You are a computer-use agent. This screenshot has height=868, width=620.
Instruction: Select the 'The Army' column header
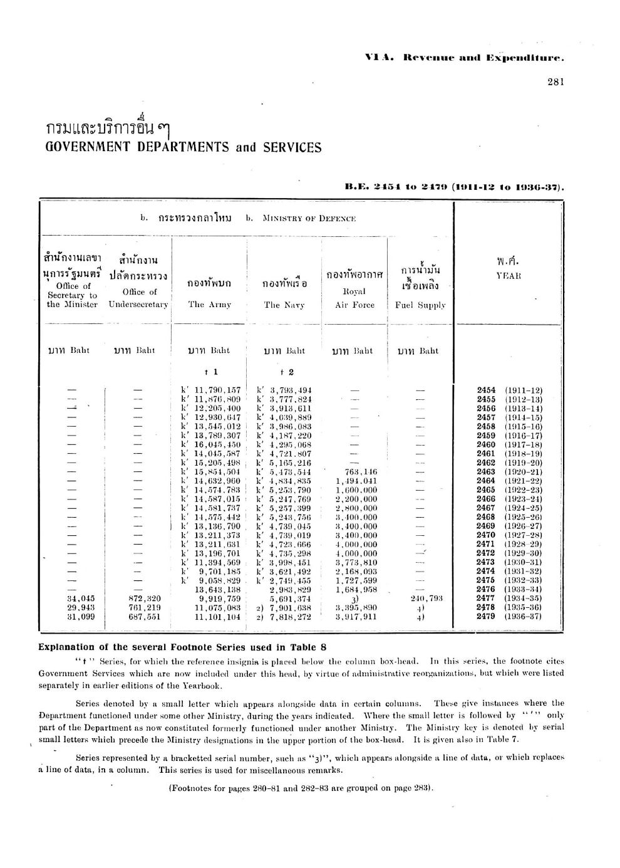coord(210,305)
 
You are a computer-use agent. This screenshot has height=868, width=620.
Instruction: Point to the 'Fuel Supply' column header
coord(420,305)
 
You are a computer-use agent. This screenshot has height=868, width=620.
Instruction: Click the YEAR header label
coord(509,276)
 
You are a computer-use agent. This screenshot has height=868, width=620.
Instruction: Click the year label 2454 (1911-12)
coord(509,390)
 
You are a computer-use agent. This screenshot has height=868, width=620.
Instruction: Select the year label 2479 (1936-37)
coord(509,617)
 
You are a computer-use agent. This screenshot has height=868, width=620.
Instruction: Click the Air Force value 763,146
coord(356,471)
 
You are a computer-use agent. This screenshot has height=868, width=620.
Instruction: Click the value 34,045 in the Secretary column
coord(80,599)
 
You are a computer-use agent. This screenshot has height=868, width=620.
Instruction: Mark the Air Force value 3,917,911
coord(356,617)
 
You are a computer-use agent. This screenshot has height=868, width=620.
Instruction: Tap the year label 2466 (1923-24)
coord(509,499)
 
